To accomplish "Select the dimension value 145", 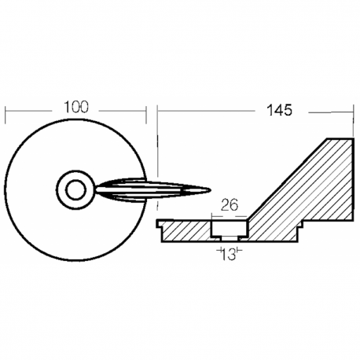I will coord(280,110).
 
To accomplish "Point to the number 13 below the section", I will coord(228,253).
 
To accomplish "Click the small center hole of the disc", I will coord(76,189).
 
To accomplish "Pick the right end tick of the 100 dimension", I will coord(148,112).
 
